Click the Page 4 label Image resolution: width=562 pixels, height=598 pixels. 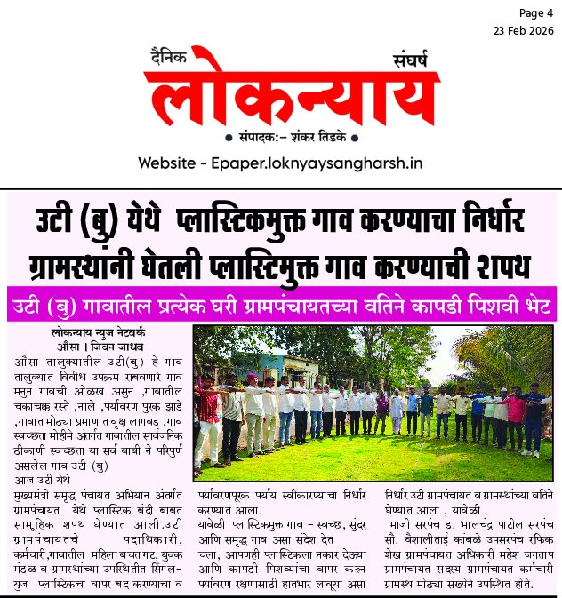tap(534, 13)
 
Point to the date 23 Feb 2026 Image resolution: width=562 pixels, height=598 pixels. tap(525, 30)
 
